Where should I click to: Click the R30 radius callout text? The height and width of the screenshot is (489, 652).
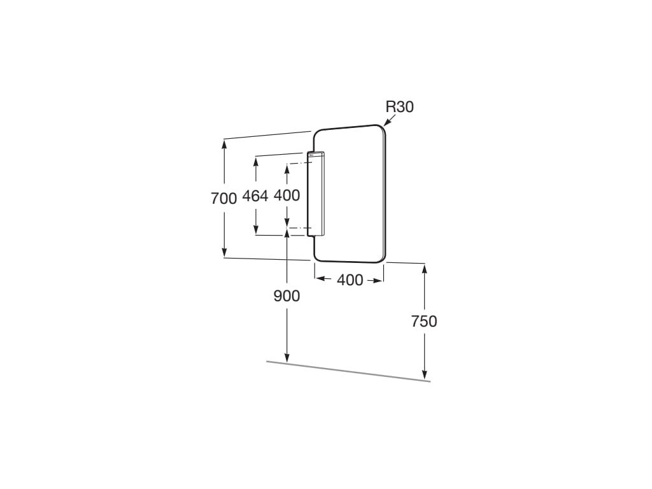pos(400,107)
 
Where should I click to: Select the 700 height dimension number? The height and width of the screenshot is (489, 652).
pos(223,199)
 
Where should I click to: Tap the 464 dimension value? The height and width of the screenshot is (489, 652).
pos(255,196)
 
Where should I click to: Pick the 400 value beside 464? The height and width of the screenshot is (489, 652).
pos(287,195)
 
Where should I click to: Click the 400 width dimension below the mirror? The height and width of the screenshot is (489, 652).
pos(350,280)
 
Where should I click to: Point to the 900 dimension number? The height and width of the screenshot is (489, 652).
pos(287,296)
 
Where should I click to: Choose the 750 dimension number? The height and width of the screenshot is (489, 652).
pos(424,322)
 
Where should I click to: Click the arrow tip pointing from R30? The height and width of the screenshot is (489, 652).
pos(384,125)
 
